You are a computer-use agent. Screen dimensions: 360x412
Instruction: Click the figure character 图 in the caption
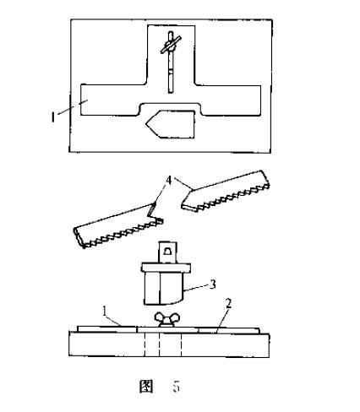[146, 386]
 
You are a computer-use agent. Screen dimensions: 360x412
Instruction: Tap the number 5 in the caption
[176, 387]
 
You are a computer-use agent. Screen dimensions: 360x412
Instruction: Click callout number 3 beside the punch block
[213, 285]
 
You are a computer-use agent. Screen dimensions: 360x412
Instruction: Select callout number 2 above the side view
[228, 304]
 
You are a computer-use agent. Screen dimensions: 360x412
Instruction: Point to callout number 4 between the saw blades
[169, 181]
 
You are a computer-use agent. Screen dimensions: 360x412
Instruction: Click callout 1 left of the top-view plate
[52, 117]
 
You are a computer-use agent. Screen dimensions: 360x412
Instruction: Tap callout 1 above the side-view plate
[105, 312]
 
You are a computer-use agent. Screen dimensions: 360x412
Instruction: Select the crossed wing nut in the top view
[171, 46]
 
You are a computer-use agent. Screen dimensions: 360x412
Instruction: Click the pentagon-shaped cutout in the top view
[171, 124]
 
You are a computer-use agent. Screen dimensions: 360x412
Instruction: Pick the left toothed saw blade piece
[118, 226]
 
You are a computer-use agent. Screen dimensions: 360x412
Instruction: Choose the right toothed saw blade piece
[226, 191]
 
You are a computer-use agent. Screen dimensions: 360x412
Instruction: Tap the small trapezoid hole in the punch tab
[168, 251]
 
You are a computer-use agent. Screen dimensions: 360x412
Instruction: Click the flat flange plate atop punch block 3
[166, 268]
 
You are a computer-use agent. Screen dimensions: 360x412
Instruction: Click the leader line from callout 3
[196, 287]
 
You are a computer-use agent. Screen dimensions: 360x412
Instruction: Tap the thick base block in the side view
[169, 344]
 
